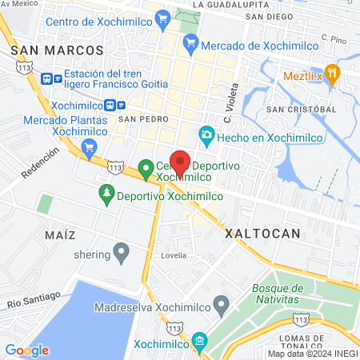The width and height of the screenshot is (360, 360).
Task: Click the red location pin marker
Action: click(x=180, y=162)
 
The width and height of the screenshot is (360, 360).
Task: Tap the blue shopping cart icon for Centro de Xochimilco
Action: click(x=163, y=17)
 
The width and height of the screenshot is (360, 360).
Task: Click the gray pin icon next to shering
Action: click(x=122, y=254)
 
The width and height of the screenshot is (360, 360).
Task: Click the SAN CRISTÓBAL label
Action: click(x=302, y=109)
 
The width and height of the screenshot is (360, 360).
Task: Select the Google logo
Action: click(x=27, y=350)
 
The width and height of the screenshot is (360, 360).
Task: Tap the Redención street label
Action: click(x=40, y=163)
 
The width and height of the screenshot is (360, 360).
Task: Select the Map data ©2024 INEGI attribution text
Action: click(x=311, y=353)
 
